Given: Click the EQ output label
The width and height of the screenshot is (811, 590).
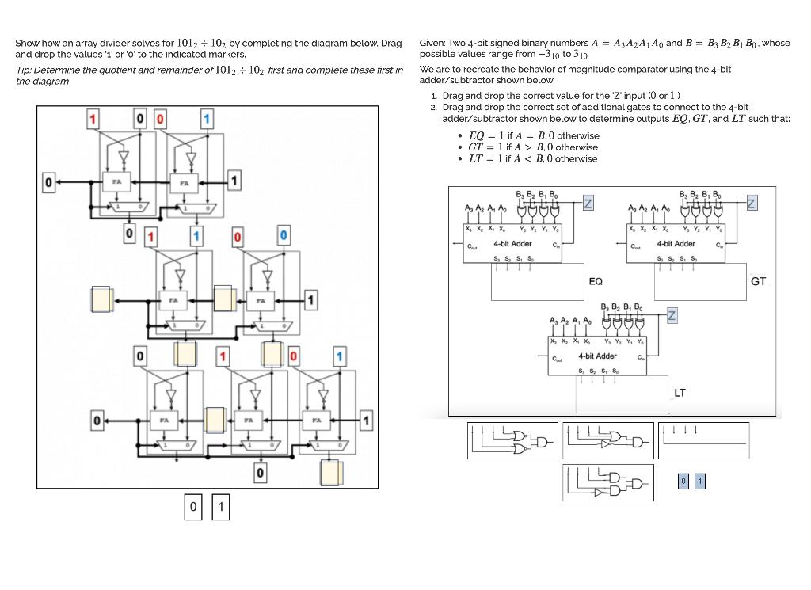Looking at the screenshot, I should [596, 281].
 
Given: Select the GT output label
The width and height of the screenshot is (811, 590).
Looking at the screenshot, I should [758, 281].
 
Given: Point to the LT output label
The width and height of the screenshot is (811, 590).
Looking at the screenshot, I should [680, 393].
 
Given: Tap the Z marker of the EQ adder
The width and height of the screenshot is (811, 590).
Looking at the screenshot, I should [588, 204].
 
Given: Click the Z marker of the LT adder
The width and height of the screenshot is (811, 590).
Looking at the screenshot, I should [672, 315].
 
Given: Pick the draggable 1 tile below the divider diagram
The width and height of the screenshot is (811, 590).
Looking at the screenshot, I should [221, 506].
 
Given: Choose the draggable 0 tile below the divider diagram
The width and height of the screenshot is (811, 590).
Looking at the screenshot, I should [192, 506].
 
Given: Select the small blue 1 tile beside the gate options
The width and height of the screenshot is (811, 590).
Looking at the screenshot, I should [699, 482].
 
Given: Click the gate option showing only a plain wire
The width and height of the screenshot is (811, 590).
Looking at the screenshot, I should [703, 440].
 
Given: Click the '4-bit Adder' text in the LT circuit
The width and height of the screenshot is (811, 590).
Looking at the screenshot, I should [597, 356].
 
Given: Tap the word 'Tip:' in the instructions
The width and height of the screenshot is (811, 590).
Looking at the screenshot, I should [25, 70].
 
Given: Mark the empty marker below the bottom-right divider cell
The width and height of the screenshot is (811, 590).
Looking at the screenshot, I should [330, 473].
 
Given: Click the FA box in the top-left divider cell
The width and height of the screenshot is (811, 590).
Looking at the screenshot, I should [116, 181].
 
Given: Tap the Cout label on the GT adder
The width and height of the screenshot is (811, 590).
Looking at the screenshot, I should [635, 246].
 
